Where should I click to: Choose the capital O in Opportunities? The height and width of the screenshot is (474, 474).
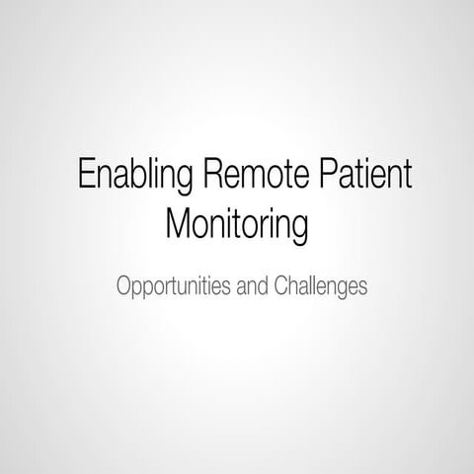(123, 287)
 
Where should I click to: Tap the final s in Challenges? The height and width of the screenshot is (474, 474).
(362, 288)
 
